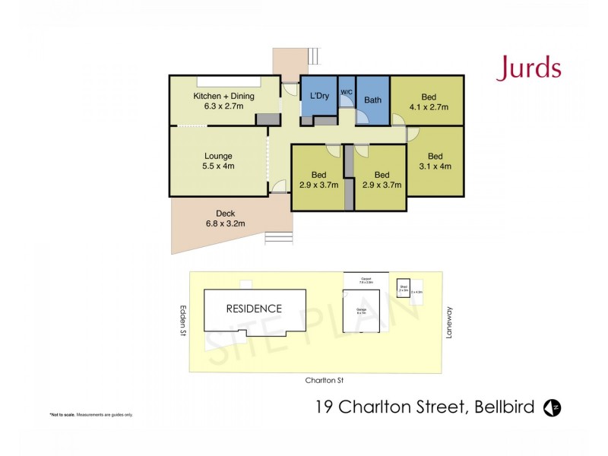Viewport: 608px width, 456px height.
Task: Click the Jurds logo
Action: (529, 68)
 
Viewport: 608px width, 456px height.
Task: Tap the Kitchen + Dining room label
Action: (223, 101)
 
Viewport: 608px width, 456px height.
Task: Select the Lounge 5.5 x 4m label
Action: (219, 160)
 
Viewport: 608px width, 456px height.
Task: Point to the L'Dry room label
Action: (318, 97)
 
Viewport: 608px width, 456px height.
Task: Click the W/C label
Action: (347, 92)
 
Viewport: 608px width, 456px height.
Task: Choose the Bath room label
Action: (372, 100)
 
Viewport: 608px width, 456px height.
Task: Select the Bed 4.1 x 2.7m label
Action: (429, 102)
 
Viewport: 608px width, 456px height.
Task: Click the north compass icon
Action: (555, 409)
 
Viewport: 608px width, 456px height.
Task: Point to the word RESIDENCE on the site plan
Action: (253, 309)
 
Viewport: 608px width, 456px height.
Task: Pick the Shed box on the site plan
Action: (403, 288)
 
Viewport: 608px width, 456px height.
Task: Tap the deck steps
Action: (278, 239)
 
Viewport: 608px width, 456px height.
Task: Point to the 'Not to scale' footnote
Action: (91, 414)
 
